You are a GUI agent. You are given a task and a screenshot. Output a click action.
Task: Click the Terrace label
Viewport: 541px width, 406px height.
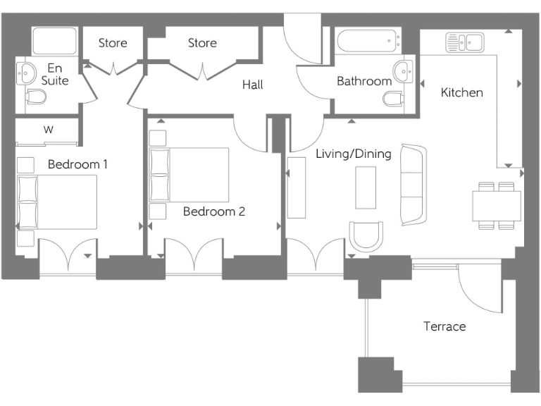[444, 326]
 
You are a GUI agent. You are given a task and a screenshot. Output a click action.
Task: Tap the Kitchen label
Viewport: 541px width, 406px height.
[462, 92]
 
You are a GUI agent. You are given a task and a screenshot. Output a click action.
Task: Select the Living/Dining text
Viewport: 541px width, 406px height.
[353, 154]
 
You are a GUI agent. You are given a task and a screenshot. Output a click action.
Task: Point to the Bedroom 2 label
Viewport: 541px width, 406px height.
[213, 211]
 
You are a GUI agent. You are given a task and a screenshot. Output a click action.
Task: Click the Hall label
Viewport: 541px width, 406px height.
[252, 85]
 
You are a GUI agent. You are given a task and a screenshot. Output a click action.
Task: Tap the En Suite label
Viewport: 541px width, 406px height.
[54, 74]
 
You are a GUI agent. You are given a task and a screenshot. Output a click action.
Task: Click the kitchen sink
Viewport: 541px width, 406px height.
[463, 43]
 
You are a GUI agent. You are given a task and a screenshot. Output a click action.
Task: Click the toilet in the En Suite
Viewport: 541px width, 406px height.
[35, 97]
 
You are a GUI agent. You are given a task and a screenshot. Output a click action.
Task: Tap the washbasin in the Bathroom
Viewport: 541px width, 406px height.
[404, 70]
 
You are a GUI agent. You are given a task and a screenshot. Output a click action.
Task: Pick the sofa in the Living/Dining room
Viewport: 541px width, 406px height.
[413, 185]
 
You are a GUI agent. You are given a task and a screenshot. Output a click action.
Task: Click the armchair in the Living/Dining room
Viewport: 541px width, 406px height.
[366, 237]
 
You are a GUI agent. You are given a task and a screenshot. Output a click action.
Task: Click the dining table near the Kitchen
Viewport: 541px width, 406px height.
[496, 205]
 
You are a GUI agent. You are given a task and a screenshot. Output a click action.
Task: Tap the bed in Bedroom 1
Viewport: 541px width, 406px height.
[56, 202]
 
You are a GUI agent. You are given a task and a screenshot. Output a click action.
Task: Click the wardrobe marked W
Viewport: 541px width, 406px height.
[48, 130]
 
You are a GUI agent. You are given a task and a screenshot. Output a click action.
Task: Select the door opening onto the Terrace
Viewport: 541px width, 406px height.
[479, 289]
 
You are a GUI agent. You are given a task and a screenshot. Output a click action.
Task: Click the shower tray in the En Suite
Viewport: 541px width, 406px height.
[54, 42]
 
